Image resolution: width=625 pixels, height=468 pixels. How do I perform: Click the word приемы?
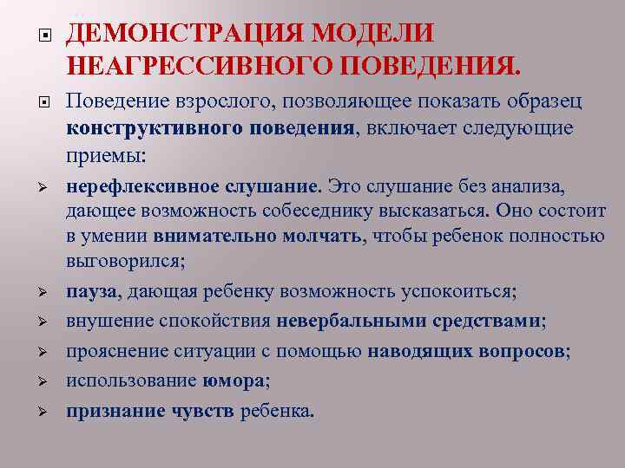101,157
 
